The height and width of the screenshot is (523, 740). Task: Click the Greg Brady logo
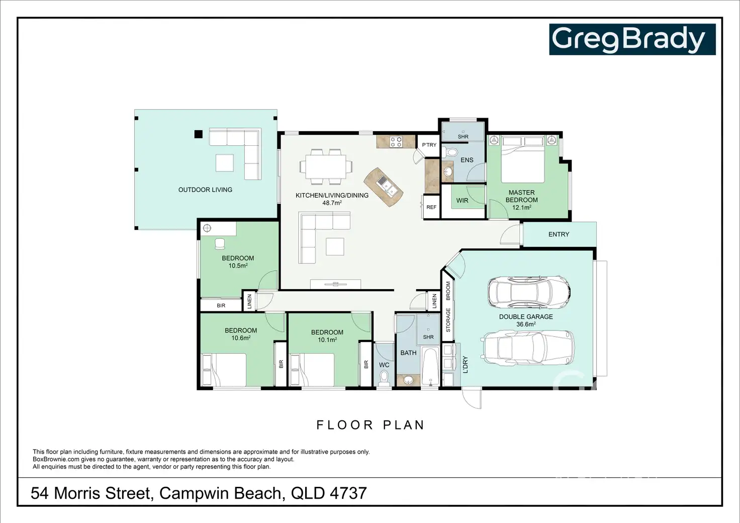point(632,39)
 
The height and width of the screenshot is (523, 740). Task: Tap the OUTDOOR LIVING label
point(205,190)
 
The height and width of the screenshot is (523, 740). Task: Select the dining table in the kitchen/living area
point(326,167)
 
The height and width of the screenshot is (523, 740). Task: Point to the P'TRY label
point(429,145)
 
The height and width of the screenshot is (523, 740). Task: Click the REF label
point(431,207)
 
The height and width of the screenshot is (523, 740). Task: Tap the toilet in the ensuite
point(449,152)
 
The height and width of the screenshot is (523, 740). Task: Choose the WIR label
point(462,201)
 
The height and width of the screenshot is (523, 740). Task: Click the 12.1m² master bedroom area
point(522,208)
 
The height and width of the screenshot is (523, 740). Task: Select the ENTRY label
point(559,234)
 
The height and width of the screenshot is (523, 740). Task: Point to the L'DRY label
point(466,365)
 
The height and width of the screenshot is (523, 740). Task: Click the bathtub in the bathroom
point(430,366)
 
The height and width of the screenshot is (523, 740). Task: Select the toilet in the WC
point(384,378)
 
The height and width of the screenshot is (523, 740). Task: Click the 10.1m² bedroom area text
point(327,339)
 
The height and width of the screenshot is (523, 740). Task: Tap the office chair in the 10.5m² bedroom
point(219,244)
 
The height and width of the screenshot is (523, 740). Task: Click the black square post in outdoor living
point(198,134)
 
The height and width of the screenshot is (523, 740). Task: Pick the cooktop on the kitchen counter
point(396,142)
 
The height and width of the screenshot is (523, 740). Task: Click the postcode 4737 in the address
point(348,493)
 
